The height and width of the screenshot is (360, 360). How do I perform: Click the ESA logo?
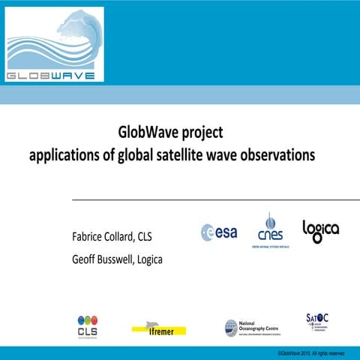tap(219, 232)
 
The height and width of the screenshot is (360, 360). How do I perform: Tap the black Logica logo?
tap(320, 230)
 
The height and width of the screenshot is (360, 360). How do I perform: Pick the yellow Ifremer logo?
tap(158, 327)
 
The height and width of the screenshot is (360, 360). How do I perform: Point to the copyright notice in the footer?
tap(310, 353)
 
